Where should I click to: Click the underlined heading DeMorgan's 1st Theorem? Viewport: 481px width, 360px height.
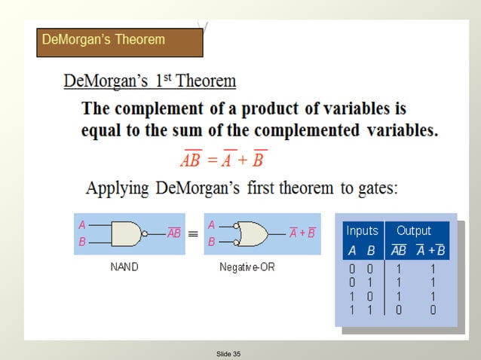tap(150, 81)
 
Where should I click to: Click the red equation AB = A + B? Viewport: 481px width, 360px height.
tap(224, 160)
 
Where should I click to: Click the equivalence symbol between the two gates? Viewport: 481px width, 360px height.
tap(192, 234)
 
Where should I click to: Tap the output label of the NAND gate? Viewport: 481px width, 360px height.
tap(173, 233)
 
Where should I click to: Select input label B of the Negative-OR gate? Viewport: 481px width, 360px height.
tap(211, 243)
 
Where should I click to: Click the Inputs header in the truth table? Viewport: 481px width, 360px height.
tap(362, 231)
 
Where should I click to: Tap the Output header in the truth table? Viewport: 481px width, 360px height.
tap(414, 231)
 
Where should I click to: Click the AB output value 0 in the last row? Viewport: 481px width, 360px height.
tap(397, 309)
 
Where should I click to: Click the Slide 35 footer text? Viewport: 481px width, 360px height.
tap(228, 353)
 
